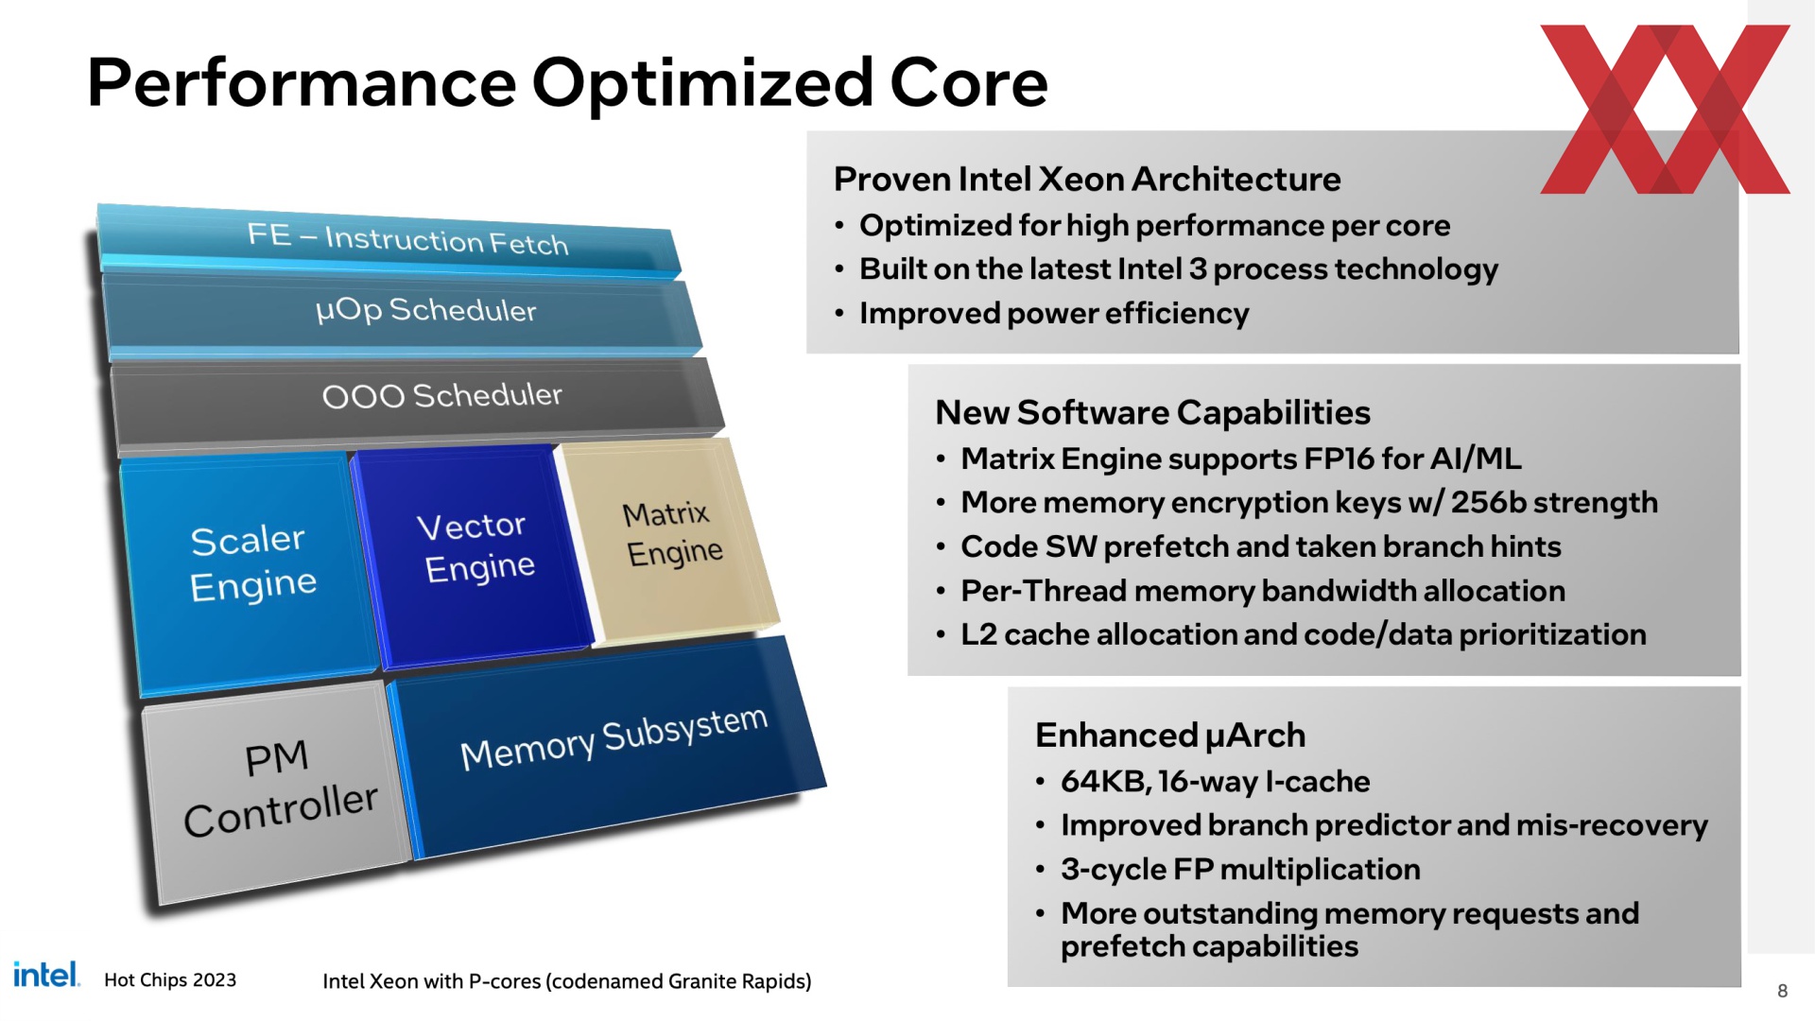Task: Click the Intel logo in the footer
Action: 46,974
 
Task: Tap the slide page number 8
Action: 1782,991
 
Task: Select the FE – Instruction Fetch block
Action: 388,241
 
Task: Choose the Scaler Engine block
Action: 251,572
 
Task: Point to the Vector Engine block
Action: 473,553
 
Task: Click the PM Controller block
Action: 279,789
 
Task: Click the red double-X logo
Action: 1665,109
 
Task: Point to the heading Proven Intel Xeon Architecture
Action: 1087,179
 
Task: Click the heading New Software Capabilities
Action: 1152,412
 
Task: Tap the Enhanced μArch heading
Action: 1170,735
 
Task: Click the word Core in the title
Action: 969,82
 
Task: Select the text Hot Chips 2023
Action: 170,979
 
